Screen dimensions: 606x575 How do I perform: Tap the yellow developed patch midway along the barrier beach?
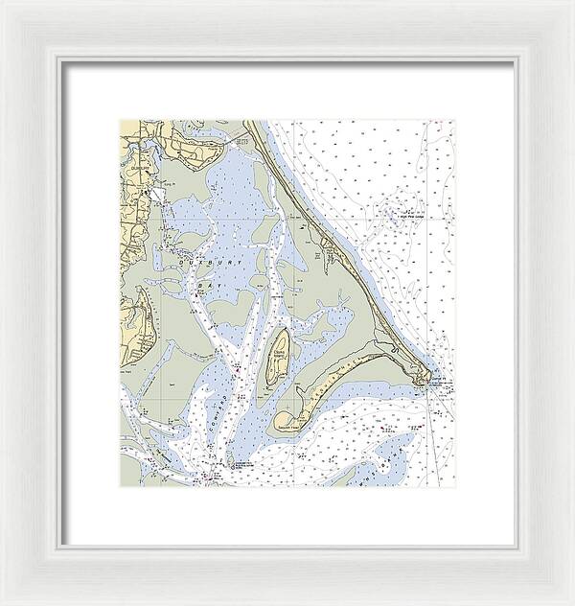tap(330, 254)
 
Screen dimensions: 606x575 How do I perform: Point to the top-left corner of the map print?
tap(120, 120)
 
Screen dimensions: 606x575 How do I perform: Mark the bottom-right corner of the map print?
tap(455, 486)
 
